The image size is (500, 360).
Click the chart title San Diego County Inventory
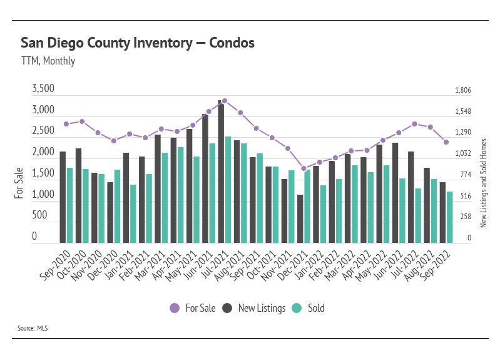(x=138, y=43)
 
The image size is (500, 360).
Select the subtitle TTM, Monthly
(x=48, y=61)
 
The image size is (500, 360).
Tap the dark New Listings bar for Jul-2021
(x=221, y=172)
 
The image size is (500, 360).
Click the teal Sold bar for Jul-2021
(x=228, y=190)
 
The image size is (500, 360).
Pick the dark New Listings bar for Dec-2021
(x=300, y=219)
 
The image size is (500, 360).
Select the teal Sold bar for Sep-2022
(x=449, y=217)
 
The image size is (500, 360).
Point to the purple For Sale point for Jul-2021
(x=225, y=101)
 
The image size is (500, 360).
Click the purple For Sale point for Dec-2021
(x=304, y=168)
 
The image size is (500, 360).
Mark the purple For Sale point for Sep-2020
(x=66, y=124)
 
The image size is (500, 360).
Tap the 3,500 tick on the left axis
(x=43, y=90)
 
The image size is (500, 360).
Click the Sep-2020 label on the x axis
(x=54, y=262)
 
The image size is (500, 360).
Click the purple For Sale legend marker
(x=175, y=308)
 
